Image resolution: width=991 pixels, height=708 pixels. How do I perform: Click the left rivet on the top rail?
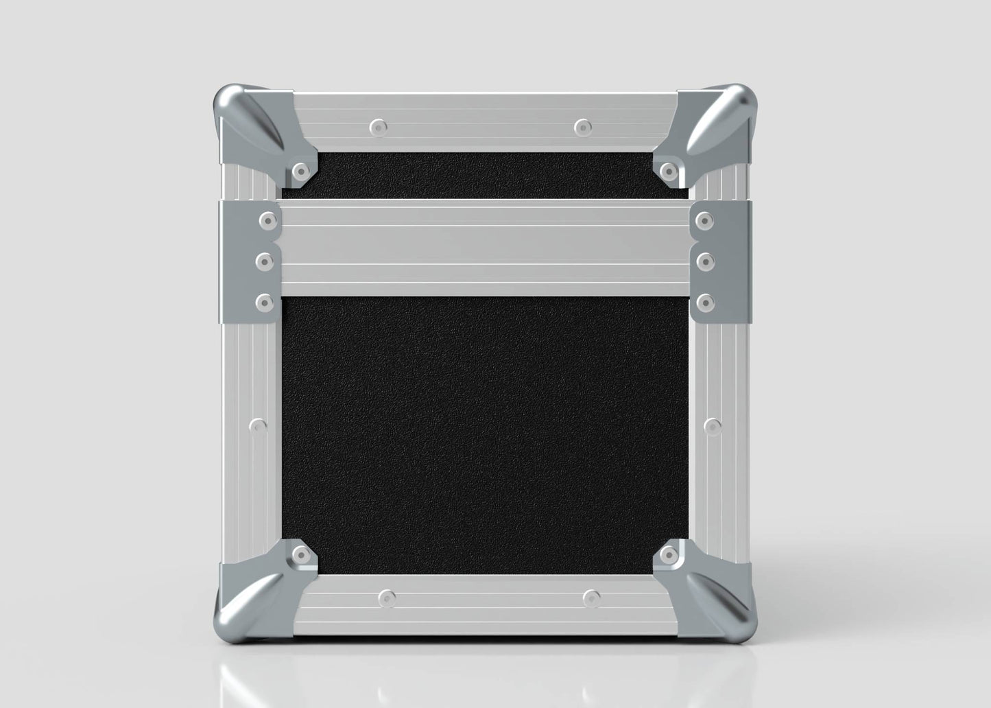pyautogui.click(x=378, y=127)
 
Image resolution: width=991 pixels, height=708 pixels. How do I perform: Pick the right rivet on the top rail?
pyautogui.click(x=582, y=127)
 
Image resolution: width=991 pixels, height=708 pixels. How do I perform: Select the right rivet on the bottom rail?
pyautogui.click(x=589, y=598)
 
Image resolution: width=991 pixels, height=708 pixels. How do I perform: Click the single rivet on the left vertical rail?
pyautogui.click(x=259, y=427)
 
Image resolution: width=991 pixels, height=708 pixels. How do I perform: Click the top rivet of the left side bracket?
pyautogui.click(x=267, y=220)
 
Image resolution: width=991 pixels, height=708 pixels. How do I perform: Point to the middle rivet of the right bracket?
pyautogui.click(x=704, y=261)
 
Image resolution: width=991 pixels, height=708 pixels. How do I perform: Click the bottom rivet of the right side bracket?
pyautogui.click(x=704, y=301)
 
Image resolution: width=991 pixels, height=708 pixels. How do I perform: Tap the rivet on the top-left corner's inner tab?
pyautogui.click(x=300, y=169)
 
